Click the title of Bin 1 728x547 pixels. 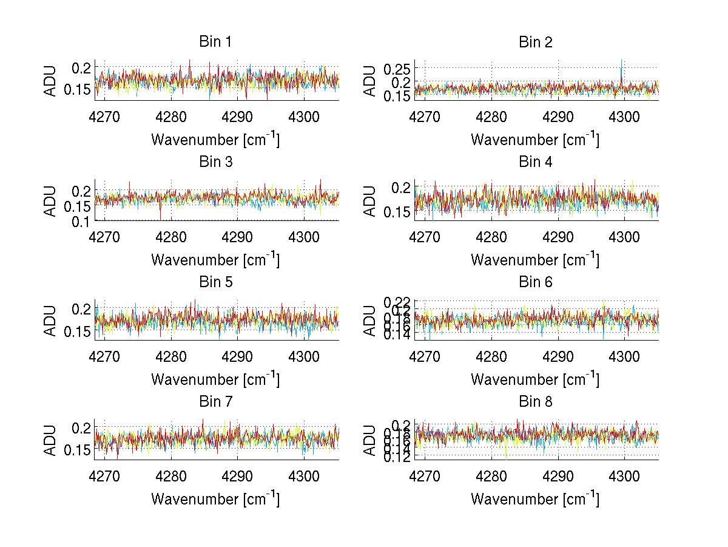point(215,42)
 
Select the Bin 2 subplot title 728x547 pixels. point(535,42)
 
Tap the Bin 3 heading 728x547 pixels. point(215,162)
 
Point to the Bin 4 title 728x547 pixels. point(535,162)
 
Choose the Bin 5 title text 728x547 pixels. point(215,282)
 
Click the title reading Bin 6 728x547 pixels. point(535,282)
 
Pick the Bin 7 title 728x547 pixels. point(215,401)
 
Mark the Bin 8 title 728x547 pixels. point(535,401)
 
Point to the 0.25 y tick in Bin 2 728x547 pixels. point(398,67)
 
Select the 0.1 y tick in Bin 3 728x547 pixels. point(82,222)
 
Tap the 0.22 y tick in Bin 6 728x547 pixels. point(398,301)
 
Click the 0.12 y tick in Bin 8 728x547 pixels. point(398,457)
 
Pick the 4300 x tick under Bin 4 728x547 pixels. point(624,237)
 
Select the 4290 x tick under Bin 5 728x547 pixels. point(237,356)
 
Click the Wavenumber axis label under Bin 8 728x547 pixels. point(535,498)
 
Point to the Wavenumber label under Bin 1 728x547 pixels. point(215,139)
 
